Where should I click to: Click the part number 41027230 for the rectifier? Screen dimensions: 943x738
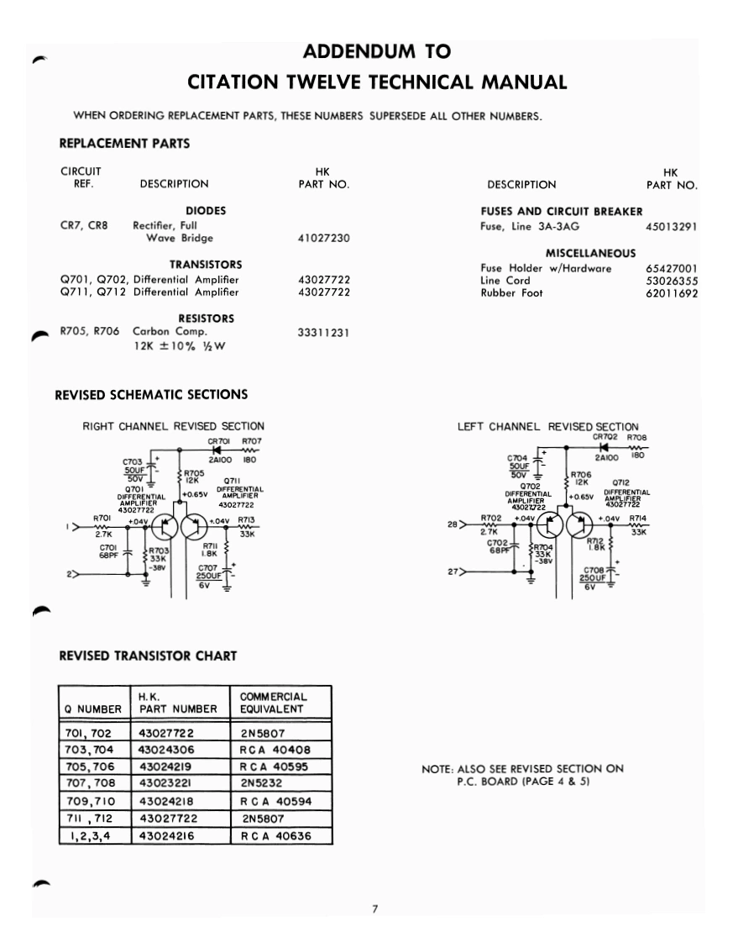323,239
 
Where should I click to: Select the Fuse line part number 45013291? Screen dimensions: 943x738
673,226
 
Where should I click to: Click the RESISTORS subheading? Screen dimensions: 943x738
206,319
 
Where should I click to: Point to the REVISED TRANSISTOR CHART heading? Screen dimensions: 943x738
147,656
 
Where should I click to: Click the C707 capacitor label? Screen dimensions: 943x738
207,568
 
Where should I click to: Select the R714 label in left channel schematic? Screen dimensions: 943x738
638,518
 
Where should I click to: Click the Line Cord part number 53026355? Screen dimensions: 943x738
673,281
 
